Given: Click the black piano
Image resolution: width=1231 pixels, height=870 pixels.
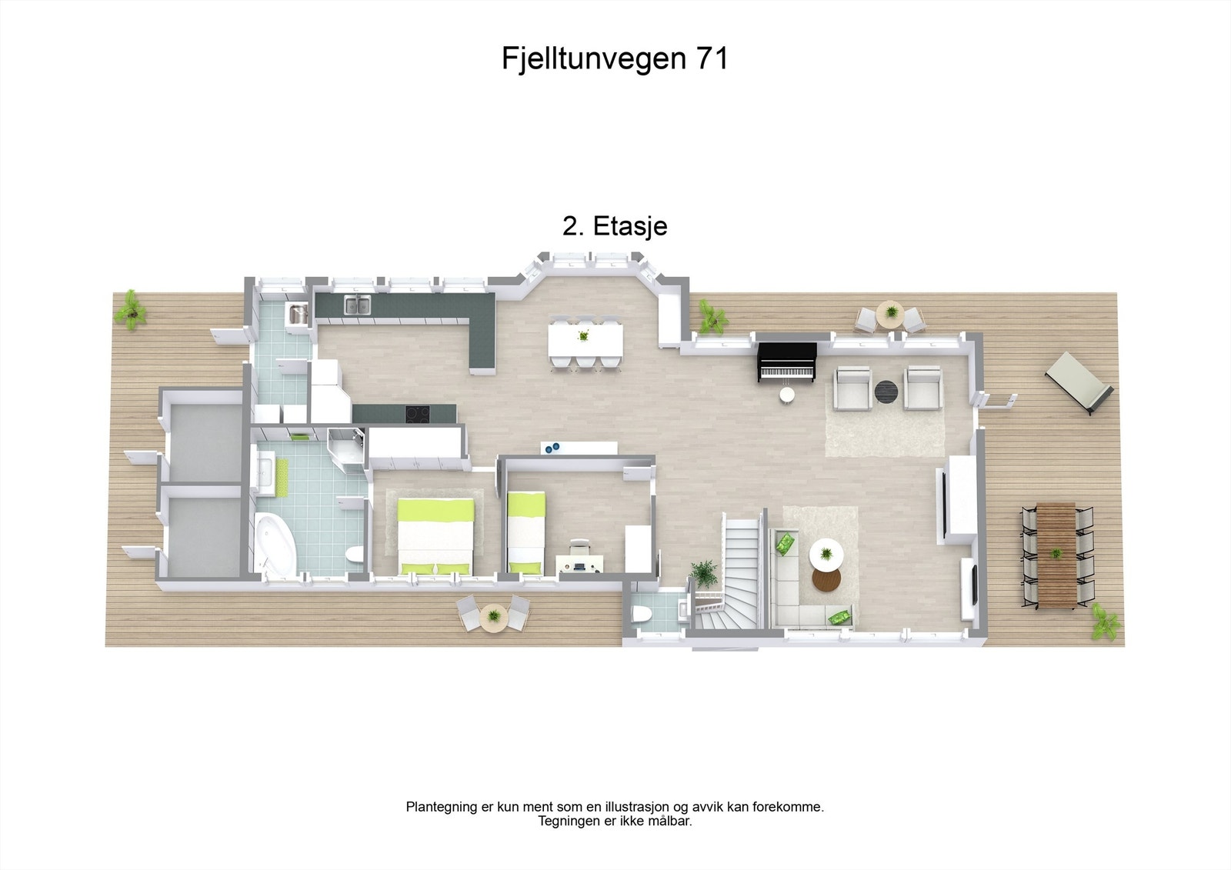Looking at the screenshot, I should (x=786, y=361).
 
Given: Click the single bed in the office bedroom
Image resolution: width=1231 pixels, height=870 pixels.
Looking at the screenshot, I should (x=526, y=532).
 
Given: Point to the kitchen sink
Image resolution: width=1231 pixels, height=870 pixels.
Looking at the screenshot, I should (x=356, y=305).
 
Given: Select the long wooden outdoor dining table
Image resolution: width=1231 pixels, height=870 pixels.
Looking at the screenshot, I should (x=1056, y=554).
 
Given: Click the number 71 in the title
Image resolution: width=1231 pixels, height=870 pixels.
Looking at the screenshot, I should (x=712, y=58).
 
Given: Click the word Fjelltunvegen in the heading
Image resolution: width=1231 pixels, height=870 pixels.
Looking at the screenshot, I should (x=594, y=58).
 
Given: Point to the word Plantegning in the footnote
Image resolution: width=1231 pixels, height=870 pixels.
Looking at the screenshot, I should (x=442, y=807).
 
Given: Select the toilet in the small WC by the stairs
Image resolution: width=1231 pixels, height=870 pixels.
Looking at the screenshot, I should (x=640, y=613).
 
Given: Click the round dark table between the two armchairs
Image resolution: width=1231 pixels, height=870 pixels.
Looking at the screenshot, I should (x=886, y=392).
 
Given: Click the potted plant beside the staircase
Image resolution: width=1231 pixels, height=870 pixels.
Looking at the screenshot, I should (x=703, y=572).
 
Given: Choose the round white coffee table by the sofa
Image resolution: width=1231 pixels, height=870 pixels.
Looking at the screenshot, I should (x=826, y=553).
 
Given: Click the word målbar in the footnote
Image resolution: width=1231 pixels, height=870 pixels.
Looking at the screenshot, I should (x=669, y=822).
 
